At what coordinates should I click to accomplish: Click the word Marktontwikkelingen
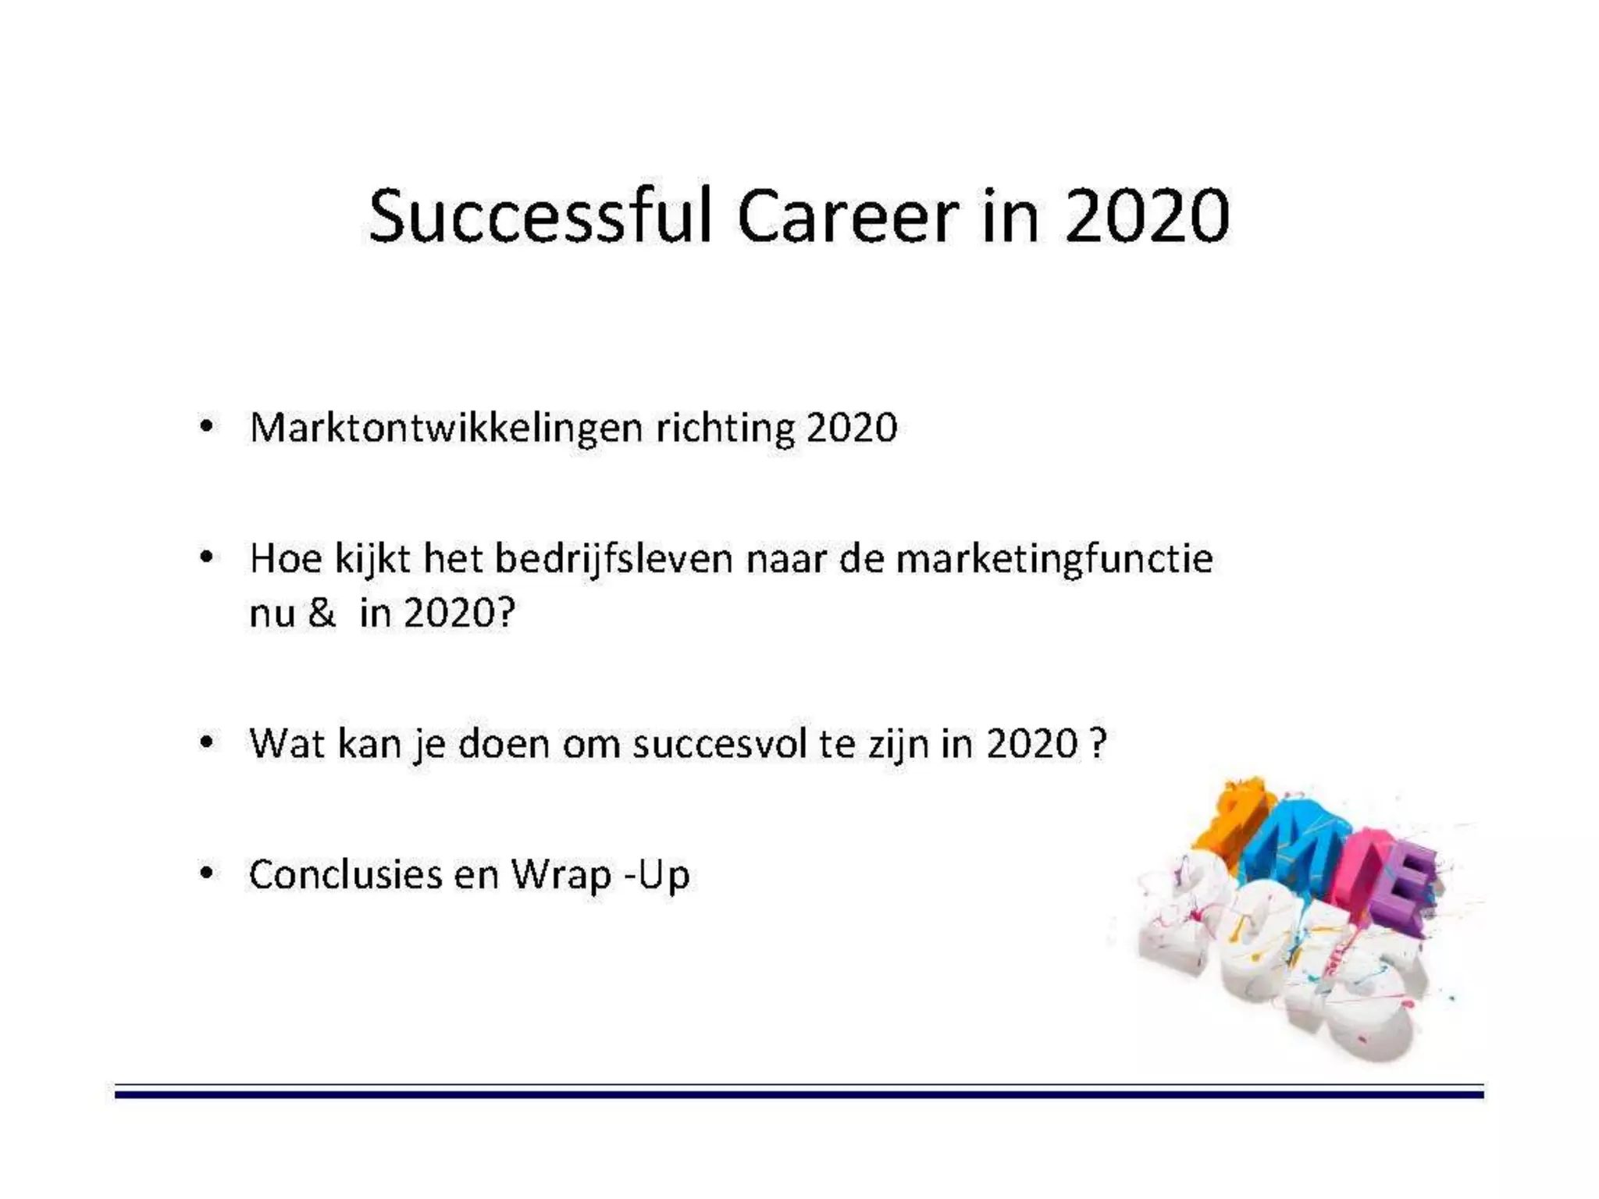(446, 429)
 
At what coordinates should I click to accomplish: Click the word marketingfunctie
(1054, 560)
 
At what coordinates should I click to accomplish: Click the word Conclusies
(345, 874)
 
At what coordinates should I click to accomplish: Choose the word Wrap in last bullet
(561, 874)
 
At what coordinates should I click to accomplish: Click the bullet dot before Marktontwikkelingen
(205, 427)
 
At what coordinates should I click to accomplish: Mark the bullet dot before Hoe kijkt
(205, 558)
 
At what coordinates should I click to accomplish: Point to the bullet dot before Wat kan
(205, 742)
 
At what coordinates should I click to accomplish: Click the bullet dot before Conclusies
(205, 873)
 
